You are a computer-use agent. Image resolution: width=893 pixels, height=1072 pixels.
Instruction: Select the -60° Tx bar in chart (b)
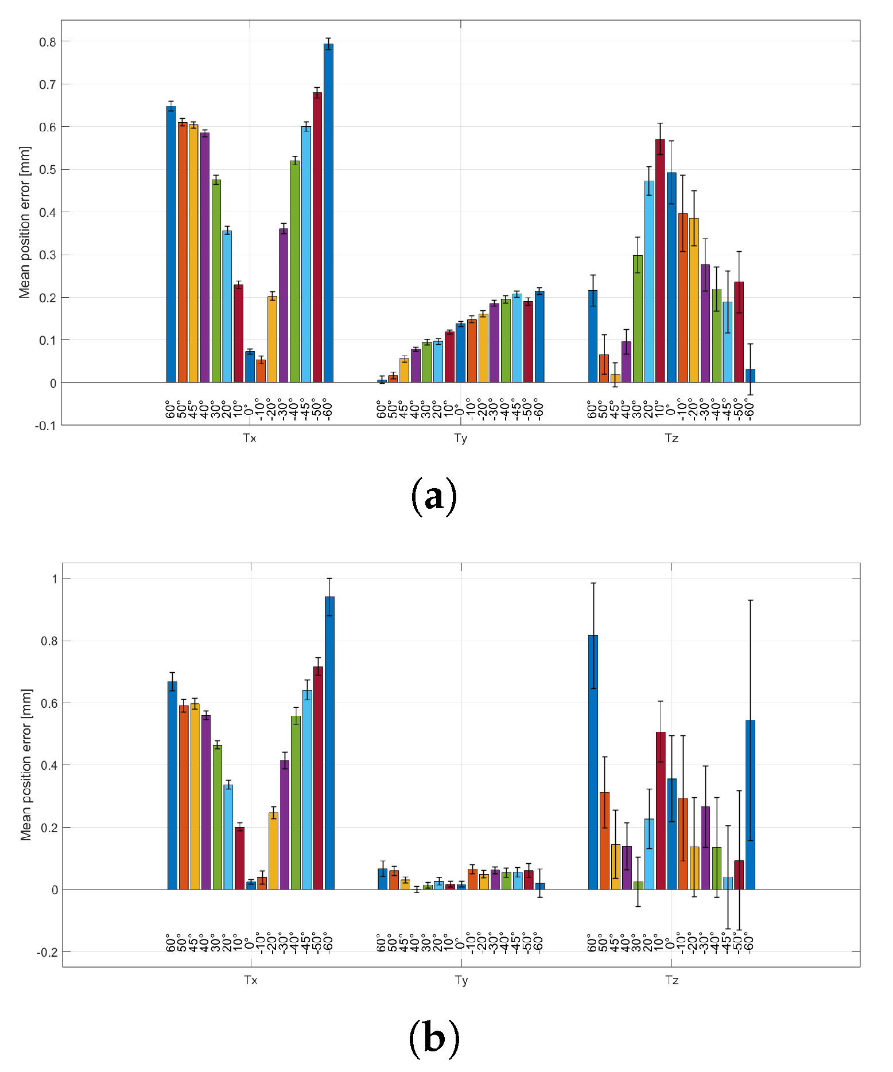tap(329, 743)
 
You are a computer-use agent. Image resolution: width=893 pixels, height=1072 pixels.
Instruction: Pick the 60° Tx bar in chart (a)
tap(171, 244)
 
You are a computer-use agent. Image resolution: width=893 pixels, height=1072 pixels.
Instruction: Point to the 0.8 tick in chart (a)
tap(47, 42)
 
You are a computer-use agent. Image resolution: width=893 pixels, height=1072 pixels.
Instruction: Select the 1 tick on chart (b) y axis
tap(55, 579)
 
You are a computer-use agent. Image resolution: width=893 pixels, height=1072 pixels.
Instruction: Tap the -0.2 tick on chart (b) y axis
tap(47, 952)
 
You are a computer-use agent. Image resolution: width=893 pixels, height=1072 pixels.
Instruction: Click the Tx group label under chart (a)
tap(250, 439)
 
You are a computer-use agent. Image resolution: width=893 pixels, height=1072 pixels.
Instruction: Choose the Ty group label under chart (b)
tap(461, 980)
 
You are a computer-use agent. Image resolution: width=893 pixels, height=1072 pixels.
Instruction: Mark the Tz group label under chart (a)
tap(671, 439)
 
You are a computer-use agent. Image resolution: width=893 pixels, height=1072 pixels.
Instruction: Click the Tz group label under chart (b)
tap(671, 980)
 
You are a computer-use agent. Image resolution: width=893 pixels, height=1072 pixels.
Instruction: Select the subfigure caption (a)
tap(434, 496)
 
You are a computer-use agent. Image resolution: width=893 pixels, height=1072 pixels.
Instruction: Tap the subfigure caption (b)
tap(434, 1038)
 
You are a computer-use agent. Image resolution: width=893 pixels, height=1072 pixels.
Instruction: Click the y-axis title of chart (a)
tap(24, 223)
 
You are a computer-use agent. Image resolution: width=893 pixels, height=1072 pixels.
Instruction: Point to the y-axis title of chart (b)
tap(25, 765)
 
